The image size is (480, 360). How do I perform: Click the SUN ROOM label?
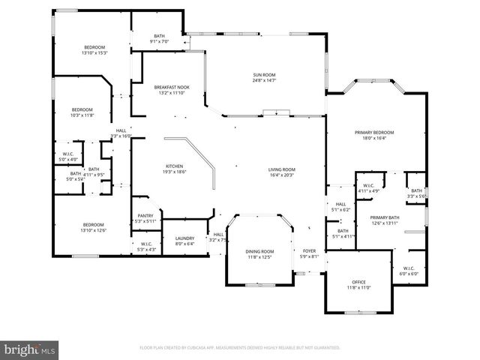click(264, 74)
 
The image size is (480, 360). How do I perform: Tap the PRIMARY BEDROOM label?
click(374, 132)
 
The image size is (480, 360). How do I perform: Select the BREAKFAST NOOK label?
click(172, 87)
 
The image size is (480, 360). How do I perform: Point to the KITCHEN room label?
click(174, 166)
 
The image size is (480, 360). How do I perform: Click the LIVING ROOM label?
click(282, 169)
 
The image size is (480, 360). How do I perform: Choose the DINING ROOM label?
click(259, 251)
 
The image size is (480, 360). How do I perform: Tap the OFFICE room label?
click(358, 282)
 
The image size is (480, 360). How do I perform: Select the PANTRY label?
click(145, 216)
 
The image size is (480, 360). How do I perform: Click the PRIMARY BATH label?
click(385, 217)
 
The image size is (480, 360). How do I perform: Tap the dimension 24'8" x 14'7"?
click(264, 80)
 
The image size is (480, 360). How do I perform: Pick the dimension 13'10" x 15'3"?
click(95, 53)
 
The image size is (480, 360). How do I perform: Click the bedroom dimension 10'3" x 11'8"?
click(82, 115)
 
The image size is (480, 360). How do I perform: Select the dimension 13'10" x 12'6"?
click(94, 230)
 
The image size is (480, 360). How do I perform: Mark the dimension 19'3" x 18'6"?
click(174, 172)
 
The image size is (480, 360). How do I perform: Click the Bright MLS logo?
click(29, 349)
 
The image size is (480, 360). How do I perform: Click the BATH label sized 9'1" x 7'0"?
click(159, 35)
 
